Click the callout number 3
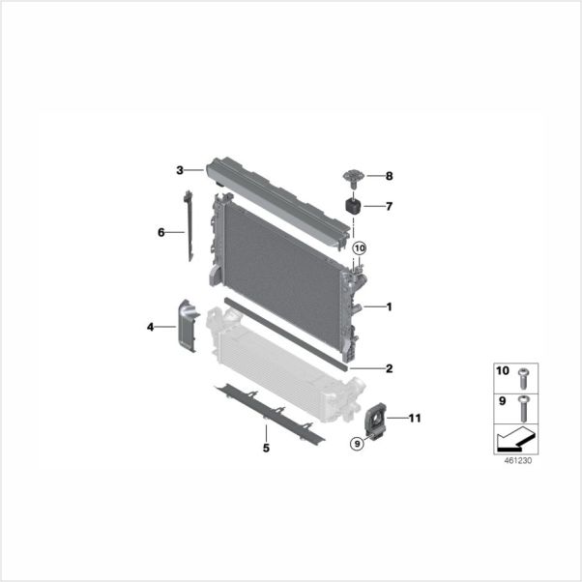[x=180, y=170]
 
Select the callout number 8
[x=389, y=176]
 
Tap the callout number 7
[x=389, y=206]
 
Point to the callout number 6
[x=161, y=232]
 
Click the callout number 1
[x=389, y=307]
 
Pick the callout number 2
[x=389, y=368]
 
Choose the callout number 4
[x=150, y=327]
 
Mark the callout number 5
[x=266, y=448]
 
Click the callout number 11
[x=415, y=419]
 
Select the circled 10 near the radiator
[x=360, y=247]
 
